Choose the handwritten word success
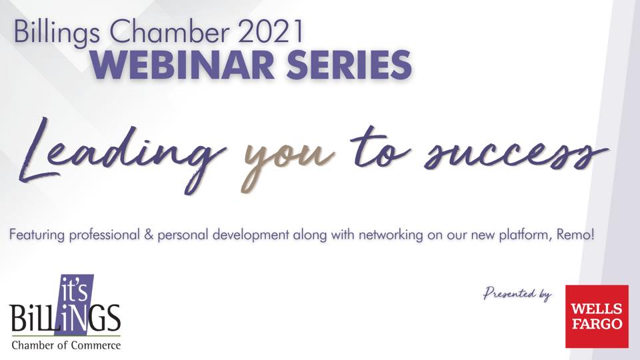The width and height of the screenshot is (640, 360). (515, 154)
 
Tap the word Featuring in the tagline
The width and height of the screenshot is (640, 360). (37, 236)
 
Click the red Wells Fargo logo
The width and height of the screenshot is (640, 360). (597, 316)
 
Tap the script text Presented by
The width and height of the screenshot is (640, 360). (517, 294)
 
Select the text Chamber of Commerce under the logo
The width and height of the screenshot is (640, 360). (66, 345)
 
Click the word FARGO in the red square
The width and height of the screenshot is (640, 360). (597, 324)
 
